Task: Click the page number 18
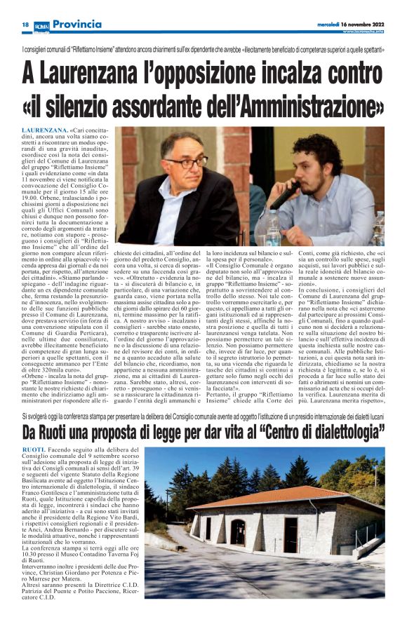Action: click(x=25, y=25)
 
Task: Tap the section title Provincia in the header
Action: click(x=77, y=25)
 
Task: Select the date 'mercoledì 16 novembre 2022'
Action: click(x=348, y=24)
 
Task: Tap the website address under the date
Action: click(x=363, y=32)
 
